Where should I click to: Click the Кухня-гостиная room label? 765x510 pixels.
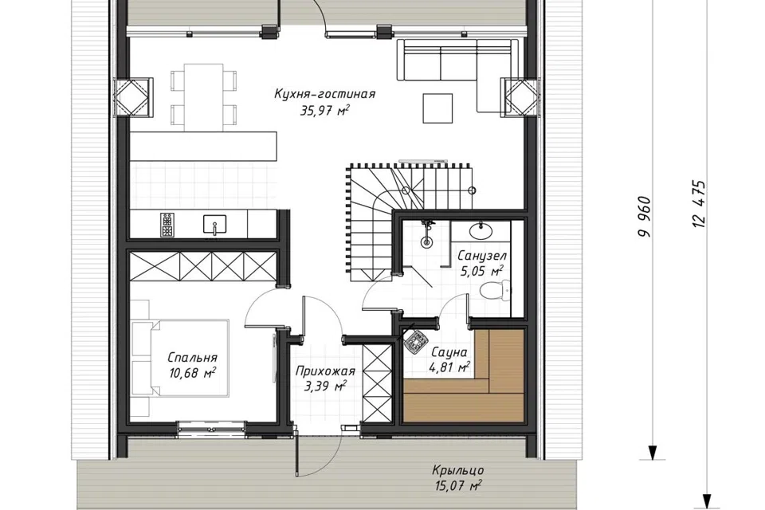[x=324, y=94]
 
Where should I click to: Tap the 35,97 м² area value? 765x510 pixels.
[x=324, y=110]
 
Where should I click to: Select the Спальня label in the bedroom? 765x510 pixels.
[x=192, y=358]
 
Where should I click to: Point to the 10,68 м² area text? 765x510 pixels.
[x=193, y=374]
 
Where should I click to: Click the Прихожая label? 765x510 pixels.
[x=325, y=371]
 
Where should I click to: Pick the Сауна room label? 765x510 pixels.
[x=449, y=352]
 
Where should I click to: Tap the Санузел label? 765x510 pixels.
[x=482, y=256]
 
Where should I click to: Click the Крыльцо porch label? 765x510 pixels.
[x=457, y=470]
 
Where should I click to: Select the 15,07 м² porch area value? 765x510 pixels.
[x=457, y=485]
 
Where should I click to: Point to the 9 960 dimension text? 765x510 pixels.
[x=645, y=217]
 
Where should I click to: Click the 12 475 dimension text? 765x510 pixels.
[x=699, y=204]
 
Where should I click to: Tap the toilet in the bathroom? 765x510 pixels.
[x=495, y=292]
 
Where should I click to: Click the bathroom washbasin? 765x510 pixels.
[x=481, y=229]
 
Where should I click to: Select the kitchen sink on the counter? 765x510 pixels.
[x=214, y=224]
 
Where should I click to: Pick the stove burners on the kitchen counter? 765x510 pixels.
[x=167, y=225]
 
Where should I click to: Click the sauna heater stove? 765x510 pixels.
[x=416, y=340]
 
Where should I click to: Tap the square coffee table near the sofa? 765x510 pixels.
[x=437, y=108]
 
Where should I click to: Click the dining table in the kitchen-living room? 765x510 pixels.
[x=204, y=97]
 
